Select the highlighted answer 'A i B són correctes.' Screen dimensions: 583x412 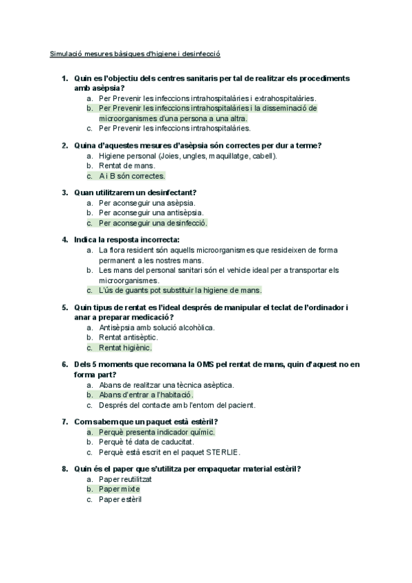(x=132, y=175)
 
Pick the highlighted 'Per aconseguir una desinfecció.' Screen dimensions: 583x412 (x=153, y=223)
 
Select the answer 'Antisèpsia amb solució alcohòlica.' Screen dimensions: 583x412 (x=157, y=328)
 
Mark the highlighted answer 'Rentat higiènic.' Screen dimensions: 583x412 (x=125, y=347)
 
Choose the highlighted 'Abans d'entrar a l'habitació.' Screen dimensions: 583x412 (x=146, y=395)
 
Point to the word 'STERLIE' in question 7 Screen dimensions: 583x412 (x=220, y=452)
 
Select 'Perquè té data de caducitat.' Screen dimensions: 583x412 (x=146, y=442)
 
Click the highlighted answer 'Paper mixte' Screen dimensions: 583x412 (x=119, y=489)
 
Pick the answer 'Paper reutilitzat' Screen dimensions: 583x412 (x=124, y=479)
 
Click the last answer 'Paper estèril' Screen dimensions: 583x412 (x=120, y=499)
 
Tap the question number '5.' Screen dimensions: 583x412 (x=65, y=307)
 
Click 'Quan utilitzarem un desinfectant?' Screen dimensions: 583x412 (x=135, y=192)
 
